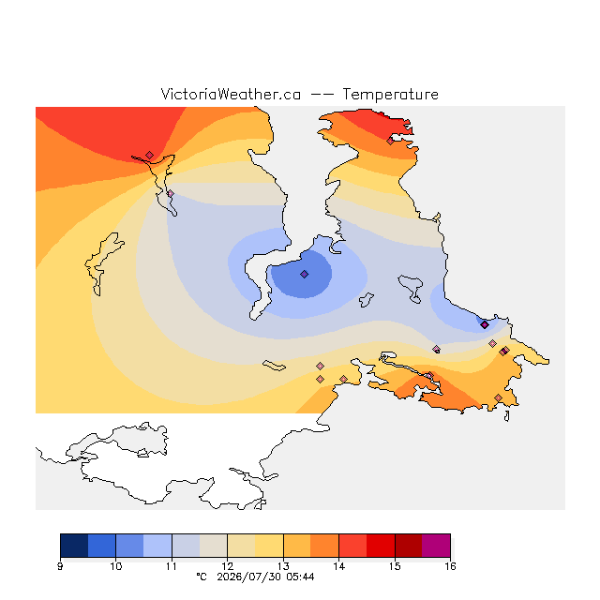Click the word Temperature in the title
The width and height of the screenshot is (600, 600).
pyautogui.click(x=390, y=94)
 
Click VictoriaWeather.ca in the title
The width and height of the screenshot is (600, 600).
pyautogui.click(x=231, y=94)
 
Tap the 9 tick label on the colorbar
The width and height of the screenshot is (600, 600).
pyautogui.click(x=60, y=566)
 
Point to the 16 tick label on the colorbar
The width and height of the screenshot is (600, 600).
pyautogui.click(x=450, y=566)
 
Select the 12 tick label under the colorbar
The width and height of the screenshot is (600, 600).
pyautogui.click(x=227, y=566)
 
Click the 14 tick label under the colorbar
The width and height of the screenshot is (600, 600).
pyautogui.click(x=338, y=566)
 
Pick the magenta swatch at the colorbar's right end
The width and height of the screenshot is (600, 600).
pyautogui.click(x=436, y=546)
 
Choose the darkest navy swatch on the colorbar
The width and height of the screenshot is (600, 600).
pyautogui.click(x=74, y=546)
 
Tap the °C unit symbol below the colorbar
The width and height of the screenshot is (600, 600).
pyautogui.click(x=202, y=577)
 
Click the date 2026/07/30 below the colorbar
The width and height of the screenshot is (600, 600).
pyautogui.click(x=249, y=577)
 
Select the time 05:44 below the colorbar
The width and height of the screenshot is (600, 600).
pyautogui.click(x=300, y=577)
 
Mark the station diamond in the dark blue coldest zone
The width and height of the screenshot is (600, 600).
pyautogui.click(x=304, y=274)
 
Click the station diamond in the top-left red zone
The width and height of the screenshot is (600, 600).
pyautogui.click(x=150, y=155)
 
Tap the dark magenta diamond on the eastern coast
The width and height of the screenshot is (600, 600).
pyautogui.click(x=485, y=324)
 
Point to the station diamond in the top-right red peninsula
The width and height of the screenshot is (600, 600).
pyautogui.click(x=390, y=141)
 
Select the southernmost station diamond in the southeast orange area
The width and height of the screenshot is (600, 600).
pyautogui.click(x=498, y=397)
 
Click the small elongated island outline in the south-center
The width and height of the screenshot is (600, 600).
pyautogui.click(x=274, y=366)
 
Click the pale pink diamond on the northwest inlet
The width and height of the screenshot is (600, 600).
pyautogui.click(x=171, y=194)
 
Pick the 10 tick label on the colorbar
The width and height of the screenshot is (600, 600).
pyautogui.click(x=116, y=566)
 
